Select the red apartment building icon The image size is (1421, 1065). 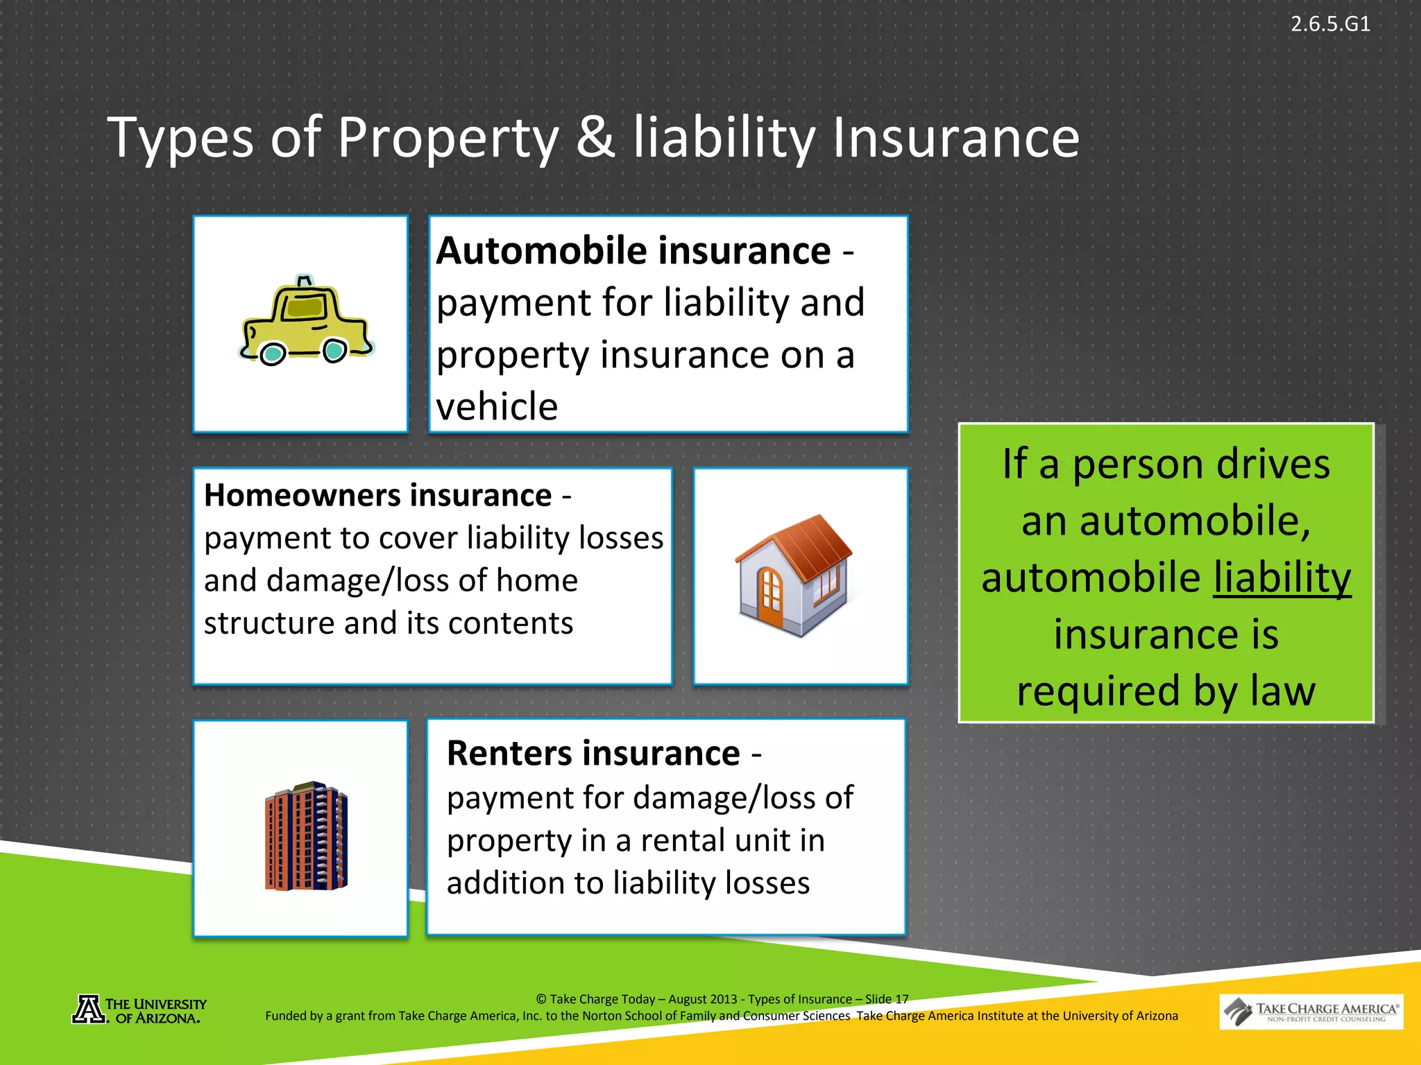pos(306,837)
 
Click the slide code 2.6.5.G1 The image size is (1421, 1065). pos(1329,24)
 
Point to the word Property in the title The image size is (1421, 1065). pos(448,138)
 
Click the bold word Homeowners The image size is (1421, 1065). pos(302,496)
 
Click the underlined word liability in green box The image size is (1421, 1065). pos(1282,578)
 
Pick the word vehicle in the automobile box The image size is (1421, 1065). pos(497,406)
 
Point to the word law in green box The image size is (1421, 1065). pos(1283,691)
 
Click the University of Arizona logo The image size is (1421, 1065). pos(139,1010)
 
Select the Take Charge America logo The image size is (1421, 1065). pos(1311,1012)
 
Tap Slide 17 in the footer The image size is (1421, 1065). pos(886,999)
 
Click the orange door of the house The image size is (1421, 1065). pos(769,597)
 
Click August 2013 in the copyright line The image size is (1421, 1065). pos(702,999)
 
